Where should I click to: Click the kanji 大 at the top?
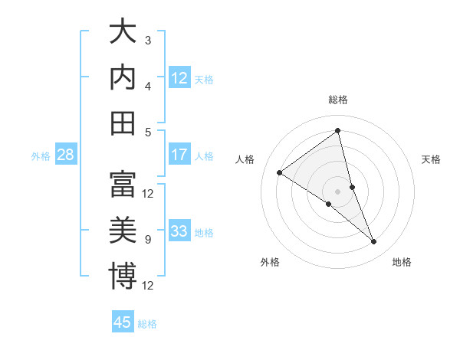[123, 33]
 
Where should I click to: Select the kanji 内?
[123, 78]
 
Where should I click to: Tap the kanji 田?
[123, 123]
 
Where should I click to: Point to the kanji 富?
[123, 184]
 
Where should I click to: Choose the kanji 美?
[123, 229]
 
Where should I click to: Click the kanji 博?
[123, 275]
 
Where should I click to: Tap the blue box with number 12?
[179, 78]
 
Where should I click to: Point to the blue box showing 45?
[123, 322]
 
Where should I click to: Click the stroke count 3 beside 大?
[147, 40]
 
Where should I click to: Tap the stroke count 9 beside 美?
[147, 240]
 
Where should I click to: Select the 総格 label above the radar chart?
[338, 100]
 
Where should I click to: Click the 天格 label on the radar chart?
[432, 159]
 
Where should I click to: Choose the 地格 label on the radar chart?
[402, 262]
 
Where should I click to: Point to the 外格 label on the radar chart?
[270, 262]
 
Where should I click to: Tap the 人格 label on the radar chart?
[245, 159]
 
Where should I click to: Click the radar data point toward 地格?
[374, 242]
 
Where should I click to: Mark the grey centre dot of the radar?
[337, 191]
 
